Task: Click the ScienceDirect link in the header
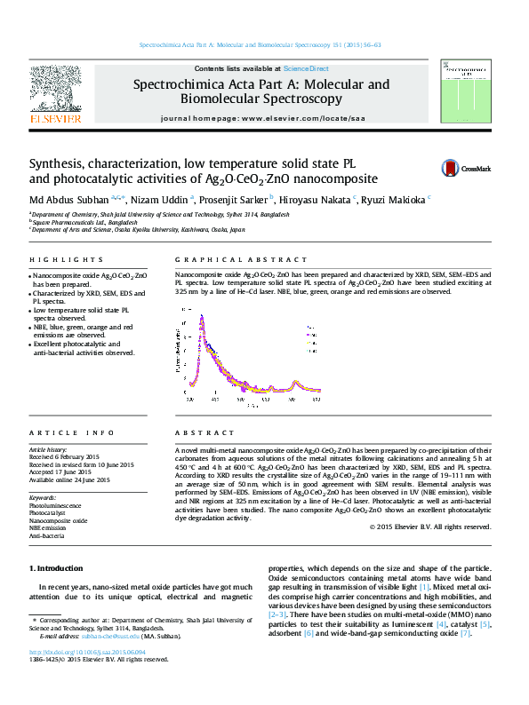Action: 306,68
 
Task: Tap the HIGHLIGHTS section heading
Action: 55,260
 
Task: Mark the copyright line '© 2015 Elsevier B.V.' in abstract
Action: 429,527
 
